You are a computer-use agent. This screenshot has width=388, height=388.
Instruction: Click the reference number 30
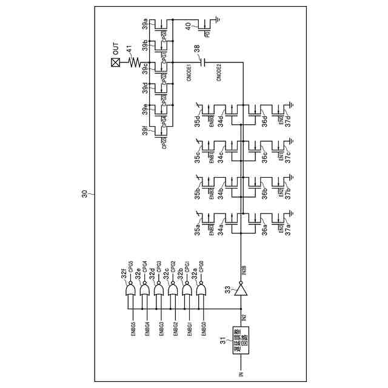[85, 195]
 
